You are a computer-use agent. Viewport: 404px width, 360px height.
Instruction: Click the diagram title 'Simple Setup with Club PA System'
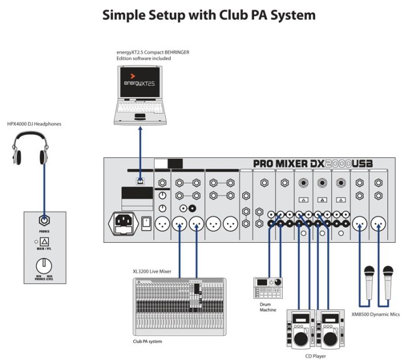click(x=209, y=14)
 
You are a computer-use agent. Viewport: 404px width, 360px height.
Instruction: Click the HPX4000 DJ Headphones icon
click(x=31, y=149)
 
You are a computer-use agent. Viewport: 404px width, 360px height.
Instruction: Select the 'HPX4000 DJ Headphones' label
click(x=33, y=124)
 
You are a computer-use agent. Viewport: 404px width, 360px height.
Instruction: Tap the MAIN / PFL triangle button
click(x=44, y=242)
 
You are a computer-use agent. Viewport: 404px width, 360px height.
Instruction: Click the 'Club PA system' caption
click(x=147, y=342)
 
